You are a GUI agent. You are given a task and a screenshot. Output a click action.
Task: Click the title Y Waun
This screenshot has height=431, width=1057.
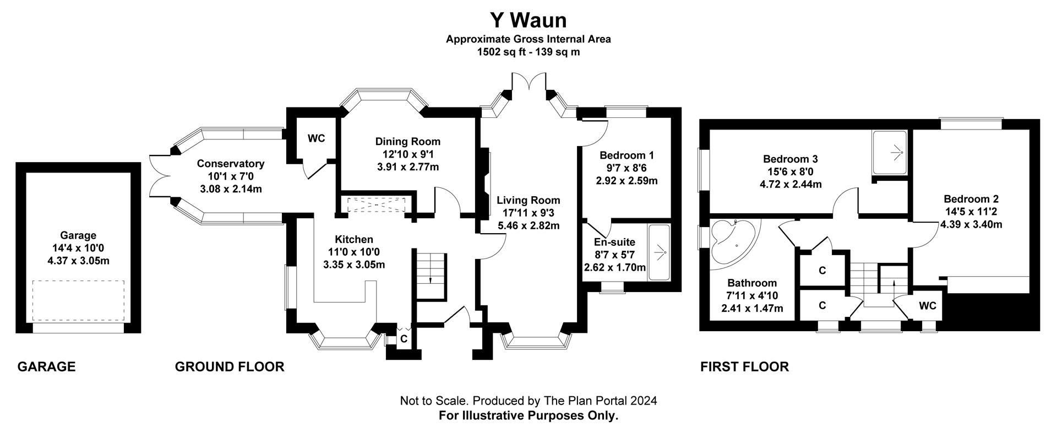tap(528, 20)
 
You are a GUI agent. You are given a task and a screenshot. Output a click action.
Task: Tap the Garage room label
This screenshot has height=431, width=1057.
tap(78, 235)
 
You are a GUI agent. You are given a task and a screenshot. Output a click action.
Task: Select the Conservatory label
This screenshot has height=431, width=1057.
tap(231, 164)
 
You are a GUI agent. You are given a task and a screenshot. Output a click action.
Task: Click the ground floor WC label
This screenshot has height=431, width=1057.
tap(316, 138)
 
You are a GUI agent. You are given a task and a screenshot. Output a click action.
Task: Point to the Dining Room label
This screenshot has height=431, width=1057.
tap(407, 142)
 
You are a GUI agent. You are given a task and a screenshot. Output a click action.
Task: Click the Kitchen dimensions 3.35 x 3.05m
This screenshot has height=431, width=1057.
tap(354, 265)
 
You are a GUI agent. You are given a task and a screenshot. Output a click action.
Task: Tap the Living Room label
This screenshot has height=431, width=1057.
tap(528, 201)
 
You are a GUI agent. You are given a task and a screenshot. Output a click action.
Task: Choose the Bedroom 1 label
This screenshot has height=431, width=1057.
tap(626, 155)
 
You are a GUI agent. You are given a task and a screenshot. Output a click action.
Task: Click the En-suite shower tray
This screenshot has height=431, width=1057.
tap(659, 252)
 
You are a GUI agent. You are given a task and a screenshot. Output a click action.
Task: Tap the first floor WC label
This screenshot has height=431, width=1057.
tap(928, 306)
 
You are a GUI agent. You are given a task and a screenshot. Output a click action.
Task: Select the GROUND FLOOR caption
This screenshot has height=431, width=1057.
tap(230, 367)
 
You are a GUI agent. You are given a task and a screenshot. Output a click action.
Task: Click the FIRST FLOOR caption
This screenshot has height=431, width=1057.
tap(744, 367)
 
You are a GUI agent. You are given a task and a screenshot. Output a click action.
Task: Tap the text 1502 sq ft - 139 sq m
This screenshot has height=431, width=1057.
tap(528, 52)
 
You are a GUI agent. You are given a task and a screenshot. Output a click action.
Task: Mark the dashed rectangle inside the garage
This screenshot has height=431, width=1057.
tap(78, 301)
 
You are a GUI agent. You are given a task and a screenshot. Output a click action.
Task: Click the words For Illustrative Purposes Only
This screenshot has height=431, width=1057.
tap(528, 416)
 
